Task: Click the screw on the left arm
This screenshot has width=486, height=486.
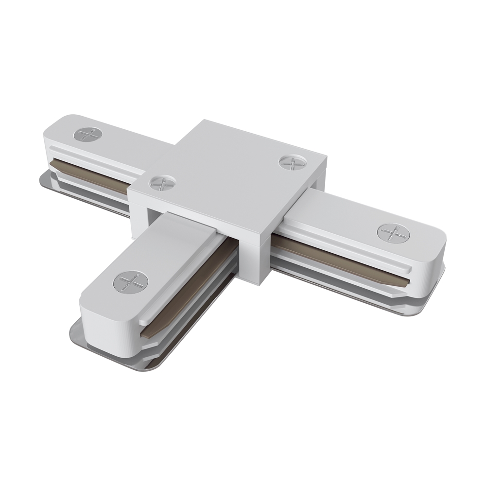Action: pos(88,134)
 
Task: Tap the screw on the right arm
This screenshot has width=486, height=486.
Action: pos(393,233)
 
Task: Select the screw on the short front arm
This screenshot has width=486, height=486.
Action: pos(131,282)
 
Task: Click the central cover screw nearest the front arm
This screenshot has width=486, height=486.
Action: pos(163,183)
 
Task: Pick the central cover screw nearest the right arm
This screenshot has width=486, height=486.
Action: pos(293,163)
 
